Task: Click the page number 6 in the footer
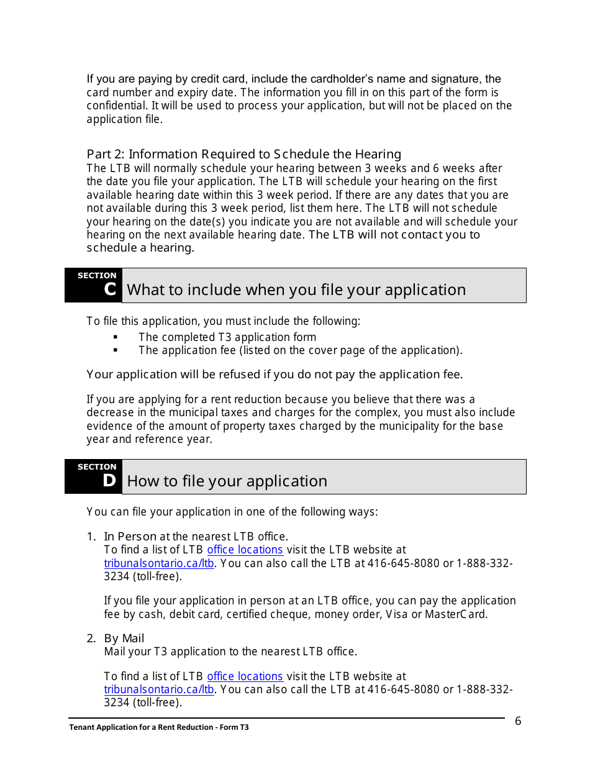(518, 721)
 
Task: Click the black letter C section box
(94, 285)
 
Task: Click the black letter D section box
(94, 476)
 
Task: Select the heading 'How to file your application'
(227, 481)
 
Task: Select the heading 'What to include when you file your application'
(296, 289)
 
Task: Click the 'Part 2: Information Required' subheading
(243, 154)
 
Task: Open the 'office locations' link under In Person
(245, 550)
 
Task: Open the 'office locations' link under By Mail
(245, 676)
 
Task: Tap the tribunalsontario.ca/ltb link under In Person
(159, 563)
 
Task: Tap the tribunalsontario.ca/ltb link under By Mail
(159, 689)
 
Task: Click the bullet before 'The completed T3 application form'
(116, 337)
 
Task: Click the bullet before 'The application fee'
(116, 350)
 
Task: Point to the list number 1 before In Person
(91, 537)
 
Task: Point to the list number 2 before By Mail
(91, 639)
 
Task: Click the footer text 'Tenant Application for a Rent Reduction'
(159, 727)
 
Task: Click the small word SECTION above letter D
(97, 466)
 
